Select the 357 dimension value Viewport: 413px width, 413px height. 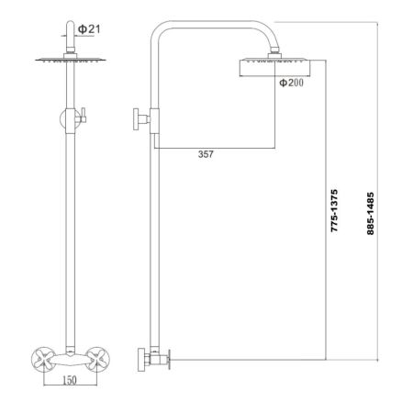(206, 154)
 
